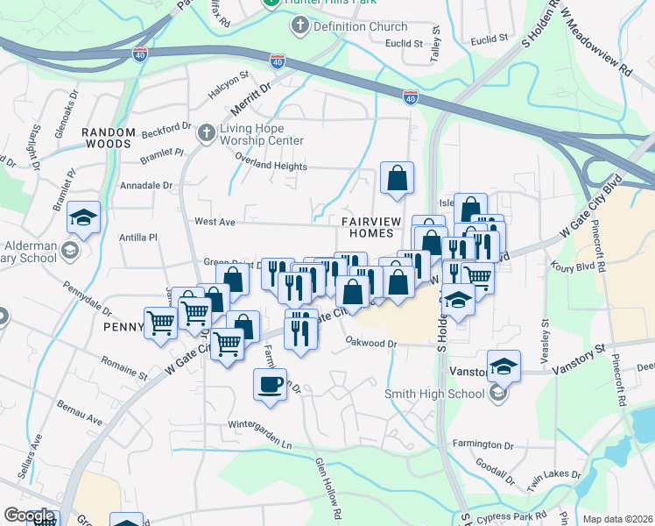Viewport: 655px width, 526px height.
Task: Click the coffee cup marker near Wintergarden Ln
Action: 271,383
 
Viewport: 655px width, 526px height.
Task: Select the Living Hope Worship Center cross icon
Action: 206,132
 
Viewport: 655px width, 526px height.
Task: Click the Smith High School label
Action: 435,394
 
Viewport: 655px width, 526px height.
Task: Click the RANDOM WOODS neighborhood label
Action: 109,139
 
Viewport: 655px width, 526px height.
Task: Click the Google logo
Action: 29,515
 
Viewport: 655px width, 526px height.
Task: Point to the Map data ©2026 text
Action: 616,519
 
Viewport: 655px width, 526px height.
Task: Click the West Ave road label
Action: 215,223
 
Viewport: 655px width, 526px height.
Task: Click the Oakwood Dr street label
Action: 371,343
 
